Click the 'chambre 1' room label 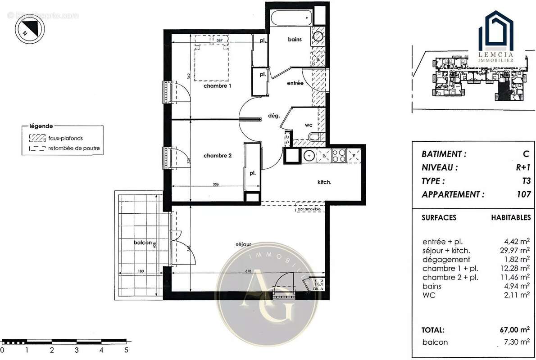click(218, 85)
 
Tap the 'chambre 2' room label click(218, 156)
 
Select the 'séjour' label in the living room click(243, 244)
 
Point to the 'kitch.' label click(324, 182)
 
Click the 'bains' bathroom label click(295, 40)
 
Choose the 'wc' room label click(309, 125)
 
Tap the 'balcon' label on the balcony click(142, 243)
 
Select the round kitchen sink click(309, 156)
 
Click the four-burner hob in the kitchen click(338, 156)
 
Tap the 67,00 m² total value click(516, 329)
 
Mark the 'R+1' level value click(523, 167)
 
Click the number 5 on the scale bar click(126, 349)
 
